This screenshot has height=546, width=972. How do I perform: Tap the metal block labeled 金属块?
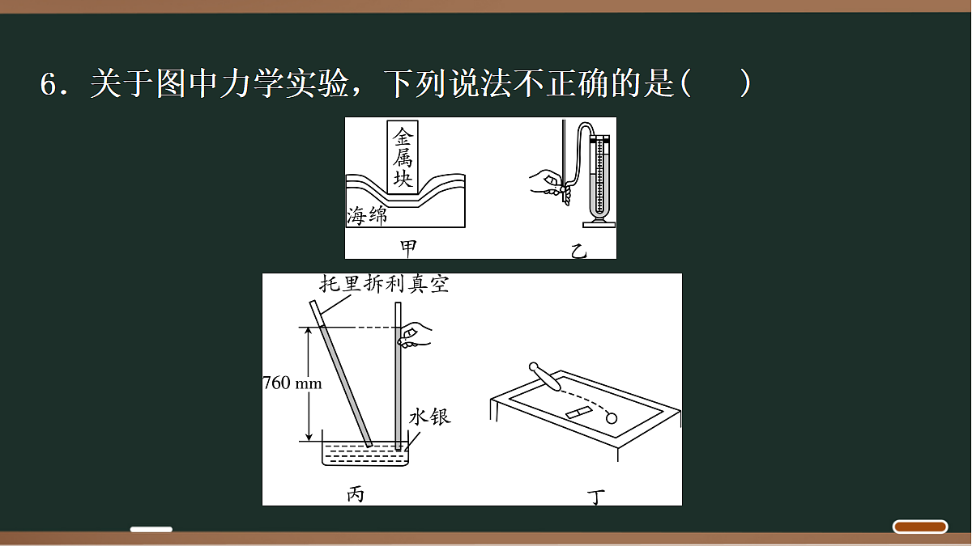point(403,157)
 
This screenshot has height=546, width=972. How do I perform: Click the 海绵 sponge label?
point(367,215)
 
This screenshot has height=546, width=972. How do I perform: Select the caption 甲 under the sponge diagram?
point(408,248)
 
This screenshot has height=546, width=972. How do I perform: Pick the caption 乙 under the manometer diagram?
point(579,252)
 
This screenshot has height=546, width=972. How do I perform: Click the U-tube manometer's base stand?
point(599,224)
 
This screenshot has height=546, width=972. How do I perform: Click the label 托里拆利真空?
point(384,284)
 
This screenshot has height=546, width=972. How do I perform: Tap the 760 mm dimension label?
point(292,383)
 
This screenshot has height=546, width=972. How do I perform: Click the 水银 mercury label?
point(429,417)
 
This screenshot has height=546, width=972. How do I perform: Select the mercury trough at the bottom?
point(365,453)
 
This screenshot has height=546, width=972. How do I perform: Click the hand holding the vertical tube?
point(416,335)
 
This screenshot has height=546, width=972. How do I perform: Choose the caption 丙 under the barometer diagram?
point(356,494)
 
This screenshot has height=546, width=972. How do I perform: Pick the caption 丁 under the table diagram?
point(596,497)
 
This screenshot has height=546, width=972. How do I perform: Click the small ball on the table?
point(612,418)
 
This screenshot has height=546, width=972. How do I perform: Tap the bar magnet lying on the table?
point(579,413)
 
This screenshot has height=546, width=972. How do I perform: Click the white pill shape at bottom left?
point(151,529)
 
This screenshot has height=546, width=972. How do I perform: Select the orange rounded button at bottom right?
point(920,527)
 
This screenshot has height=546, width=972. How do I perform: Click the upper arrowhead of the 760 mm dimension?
point(308,331)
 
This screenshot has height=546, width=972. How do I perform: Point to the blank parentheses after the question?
point(716,83)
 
